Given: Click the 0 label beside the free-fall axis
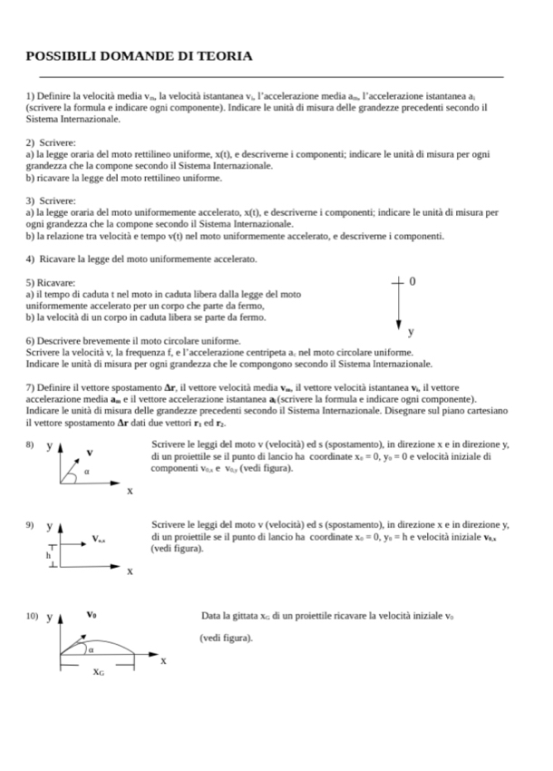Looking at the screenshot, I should [412, 282].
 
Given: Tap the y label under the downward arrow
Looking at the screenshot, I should [411, 331].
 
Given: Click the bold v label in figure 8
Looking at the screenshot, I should [89, 451].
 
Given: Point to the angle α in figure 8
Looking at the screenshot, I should [86, 472].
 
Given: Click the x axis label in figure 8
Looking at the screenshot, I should [130, 491].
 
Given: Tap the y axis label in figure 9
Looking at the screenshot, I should [49, 526].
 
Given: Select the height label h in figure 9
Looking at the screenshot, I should [48, 554].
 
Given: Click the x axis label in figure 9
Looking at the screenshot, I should [130, 571].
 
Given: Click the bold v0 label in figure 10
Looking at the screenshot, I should [92, 614].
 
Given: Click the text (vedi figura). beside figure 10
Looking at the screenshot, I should [226, 638].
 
